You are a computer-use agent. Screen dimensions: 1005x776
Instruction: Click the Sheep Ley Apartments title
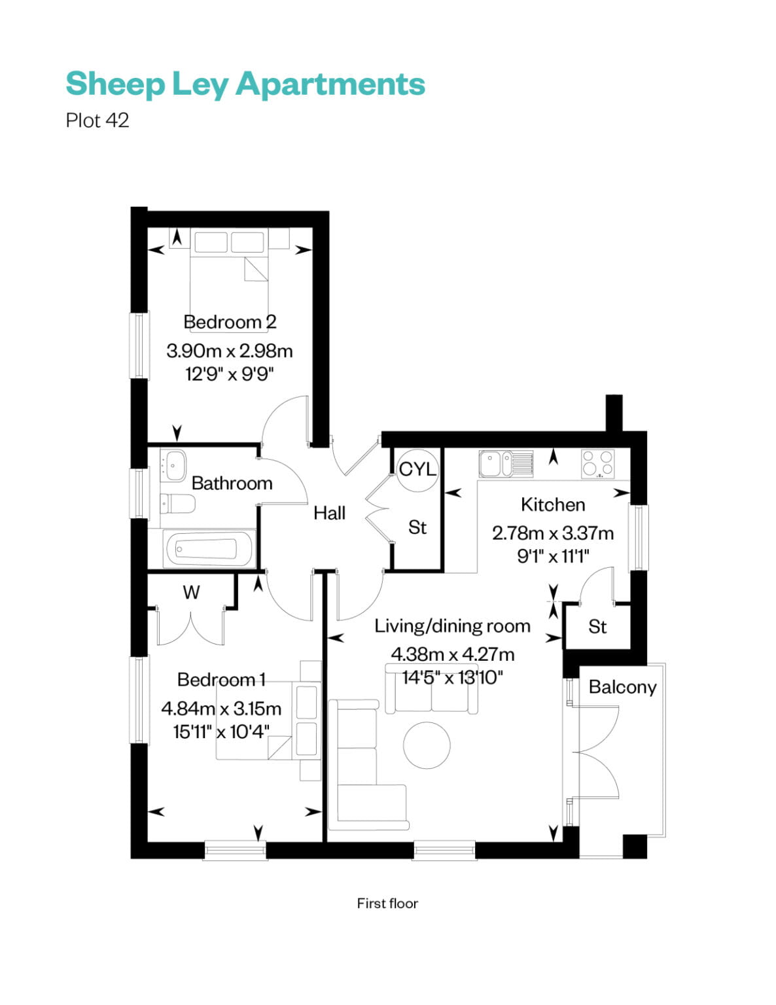click(245, 84)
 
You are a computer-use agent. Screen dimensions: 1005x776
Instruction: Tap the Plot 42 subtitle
click(97, 121)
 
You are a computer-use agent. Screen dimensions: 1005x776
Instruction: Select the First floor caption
click(387, 904)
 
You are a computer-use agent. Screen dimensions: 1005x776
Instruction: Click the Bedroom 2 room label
click(230, 322)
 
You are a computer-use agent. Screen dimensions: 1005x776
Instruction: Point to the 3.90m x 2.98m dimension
click(230, 351)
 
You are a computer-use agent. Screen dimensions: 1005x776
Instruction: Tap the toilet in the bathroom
click(178, 504)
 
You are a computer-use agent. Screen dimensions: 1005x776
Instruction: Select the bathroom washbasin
click(175, 465)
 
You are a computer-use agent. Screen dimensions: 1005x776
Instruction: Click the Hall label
click(329, 513)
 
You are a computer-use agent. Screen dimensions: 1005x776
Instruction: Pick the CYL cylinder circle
click(417, 468)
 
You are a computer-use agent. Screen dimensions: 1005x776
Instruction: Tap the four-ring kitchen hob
click(598, 464)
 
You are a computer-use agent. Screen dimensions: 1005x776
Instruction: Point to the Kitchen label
click(553, 504)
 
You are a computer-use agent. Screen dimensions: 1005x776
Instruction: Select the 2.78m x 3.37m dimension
click(553, 533)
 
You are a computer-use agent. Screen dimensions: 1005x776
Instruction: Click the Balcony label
click(622, 687)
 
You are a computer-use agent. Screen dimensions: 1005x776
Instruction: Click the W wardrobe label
click(191, 592)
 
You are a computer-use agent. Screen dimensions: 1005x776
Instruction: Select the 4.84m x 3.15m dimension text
click(221, 708)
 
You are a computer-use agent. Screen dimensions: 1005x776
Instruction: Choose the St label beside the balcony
click(597, 627)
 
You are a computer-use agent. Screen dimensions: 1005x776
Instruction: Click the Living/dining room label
click(452, 626)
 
